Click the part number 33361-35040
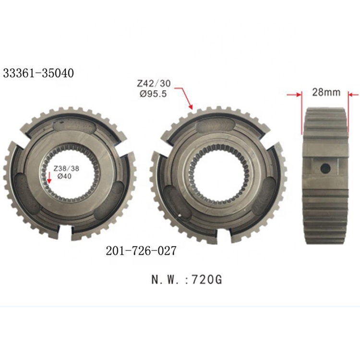pyautogui.click(x=38, y=73)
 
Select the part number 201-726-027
pyautogui.click(x=141, y=251)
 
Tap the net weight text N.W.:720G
pyautogui.click(x=187, y=280)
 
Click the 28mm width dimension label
pyautogui.click(x=326, y=92)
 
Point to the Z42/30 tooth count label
pyautogui.click(x=154, y=84)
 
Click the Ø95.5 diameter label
pyautogui.click(x=153, y=94)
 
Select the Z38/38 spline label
pyautogui.click(x=66, y=168)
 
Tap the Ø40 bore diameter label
pyautogui.click(x=64, y=176)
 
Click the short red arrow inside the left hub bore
pyautogui.click(x=48, y=178)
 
